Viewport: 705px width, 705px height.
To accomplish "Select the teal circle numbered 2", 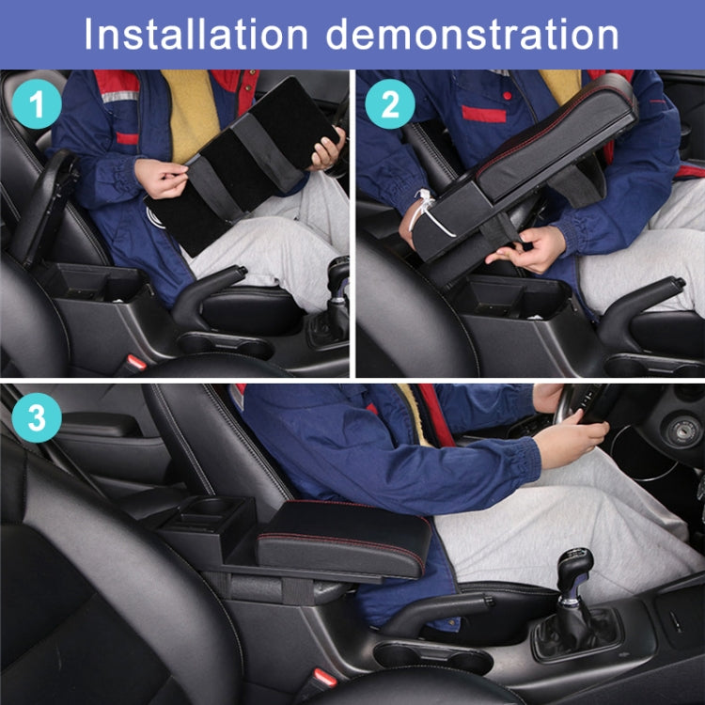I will [x=388, y=105].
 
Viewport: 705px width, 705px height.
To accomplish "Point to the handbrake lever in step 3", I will [x=442, y=611].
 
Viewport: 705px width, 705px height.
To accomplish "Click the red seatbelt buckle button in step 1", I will [x=136, y=362].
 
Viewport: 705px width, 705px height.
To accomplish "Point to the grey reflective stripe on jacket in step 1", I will [x=119, y=96].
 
